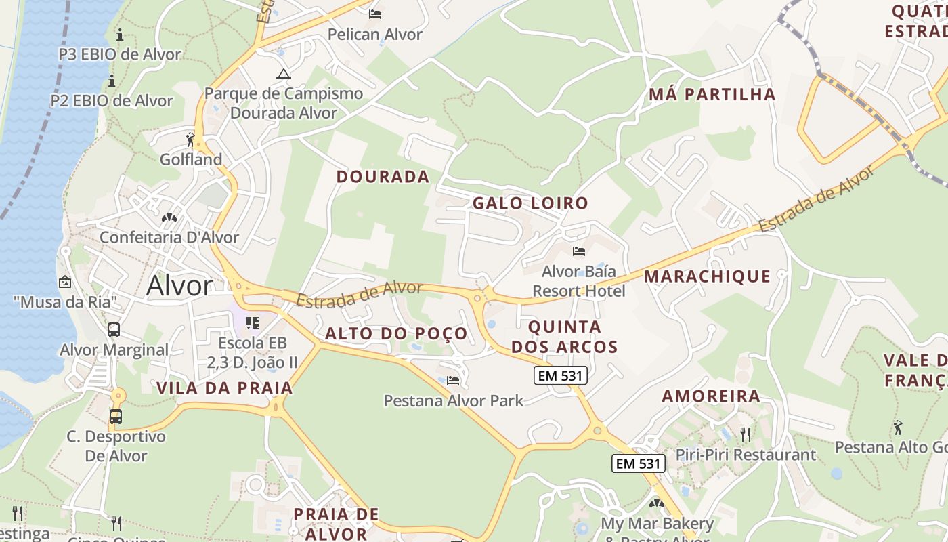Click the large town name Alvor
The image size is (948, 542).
pyautogui.click(x=179, y=286)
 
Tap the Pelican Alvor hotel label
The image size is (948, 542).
pyautogui.click(x=374, y=34)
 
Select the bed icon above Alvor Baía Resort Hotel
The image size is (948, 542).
pyautogui.click(x=578, y=251)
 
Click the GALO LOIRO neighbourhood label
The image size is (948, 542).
pyautogui.click(x=530, y=203)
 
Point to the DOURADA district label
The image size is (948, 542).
pyautogui.click(x=383, y=177)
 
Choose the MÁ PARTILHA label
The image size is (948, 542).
pyautogui.click(x=712, y=94)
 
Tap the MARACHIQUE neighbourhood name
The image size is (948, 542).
pyautogui.click(x=707, y=276)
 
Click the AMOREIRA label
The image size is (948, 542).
pyautogui.click(x=711, y=396)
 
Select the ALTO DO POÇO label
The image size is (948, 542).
pyautogui.click(x=396, y=333)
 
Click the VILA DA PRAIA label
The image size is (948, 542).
pyautogui.click(x=225, y=388)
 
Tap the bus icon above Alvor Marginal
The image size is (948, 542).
pyautogui.click(x=114, y=331)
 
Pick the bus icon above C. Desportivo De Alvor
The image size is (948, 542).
pyautogui.click(x=116, y=417)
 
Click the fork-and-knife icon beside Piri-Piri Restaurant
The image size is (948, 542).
pyautogui.click(x=746, y=434)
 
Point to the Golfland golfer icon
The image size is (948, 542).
pyautogui.click(x=191, y=140)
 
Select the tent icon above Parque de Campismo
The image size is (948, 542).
pyautogui.click(x=283, y=74)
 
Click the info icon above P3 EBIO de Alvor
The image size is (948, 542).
pyautogui.click(x=120, y=35)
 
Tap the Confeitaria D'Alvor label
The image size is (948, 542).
pyautogui.click(x=169, y=238)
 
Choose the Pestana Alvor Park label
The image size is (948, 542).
pyautogui.click(x=453, y=401)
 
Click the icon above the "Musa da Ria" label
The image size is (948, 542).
pyautogui.click(x=65, y=281)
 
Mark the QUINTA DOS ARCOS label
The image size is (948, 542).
pyautogui.click(x=564, y=337)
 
